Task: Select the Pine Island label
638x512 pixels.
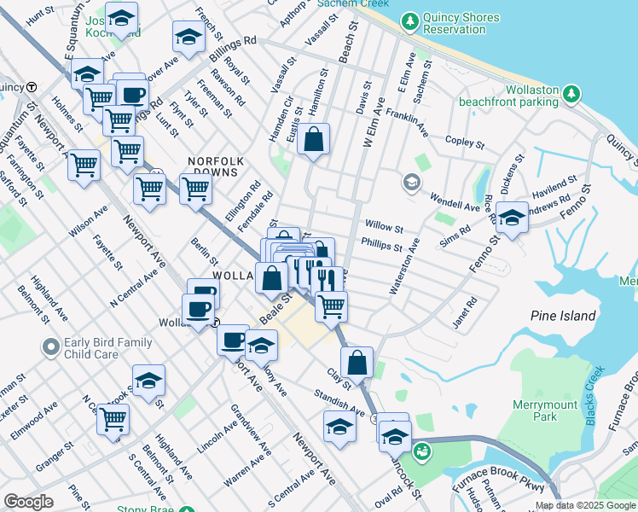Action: [563, 316]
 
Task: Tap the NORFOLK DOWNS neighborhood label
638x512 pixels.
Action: [217, 167]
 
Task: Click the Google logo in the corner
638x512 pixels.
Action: [28, 502]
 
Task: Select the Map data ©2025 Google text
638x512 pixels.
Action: [585, 505]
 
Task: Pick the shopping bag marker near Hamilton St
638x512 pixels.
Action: [314, 138]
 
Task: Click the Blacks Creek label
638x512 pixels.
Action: [594, 386]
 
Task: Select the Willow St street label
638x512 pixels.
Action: [384, 228]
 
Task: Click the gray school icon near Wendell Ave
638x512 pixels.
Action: [412, 183]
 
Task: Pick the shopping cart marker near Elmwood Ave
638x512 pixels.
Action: [113, 419]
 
